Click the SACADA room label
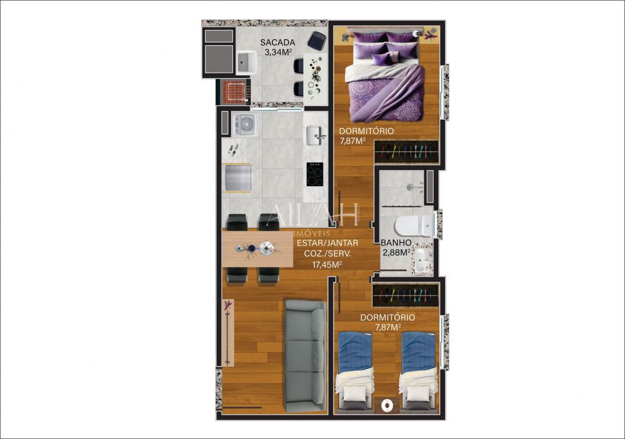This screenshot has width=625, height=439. [x=278, y=42]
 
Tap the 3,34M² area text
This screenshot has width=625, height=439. [x=278, y=52]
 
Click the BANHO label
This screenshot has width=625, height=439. [x=396, y=243]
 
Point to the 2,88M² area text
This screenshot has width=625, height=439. [x=396, y=253]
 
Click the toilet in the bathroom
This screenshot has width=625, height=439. [x=416, y=225]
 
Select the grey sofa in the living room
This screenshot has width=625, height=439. [x=305, y=356]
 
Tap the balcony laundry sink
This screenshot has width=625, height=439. [x=247, y=61]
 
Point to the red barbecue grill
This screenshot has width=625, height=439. [x=234, y=92]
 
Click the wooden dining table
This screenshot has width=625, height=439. [x=257, y=249]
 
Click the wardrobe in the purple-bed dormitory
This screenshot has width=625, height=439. [x=406, y=153]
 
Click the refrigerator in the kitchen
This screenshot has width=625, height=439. [x=237, y=178]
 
